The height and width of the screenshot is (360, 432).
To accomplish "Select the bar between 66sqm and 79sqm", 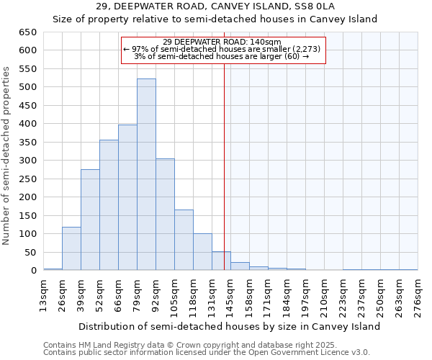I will tap(127, 197).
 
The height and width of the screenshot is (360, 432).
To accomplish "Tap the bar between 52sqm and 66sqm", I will tap(109, 205).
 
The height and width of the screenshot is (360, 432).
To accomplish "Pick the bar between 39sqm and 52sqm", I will tap(90, 220).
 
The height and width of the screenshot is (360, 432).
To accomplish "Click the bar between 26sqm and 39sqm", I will tap(71, 248).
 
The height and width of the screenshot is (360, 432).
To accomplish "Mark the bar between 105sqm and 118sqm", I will tap(184, 240).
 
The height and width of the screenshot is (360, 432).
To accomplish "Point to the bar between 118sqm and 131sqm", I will tap(202, 252).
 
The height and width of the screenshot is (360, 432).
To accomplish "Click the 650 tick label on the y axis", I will tap(27, 32).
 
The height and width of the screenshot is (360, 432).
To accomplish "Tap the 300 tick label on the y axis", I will tap(27, 161).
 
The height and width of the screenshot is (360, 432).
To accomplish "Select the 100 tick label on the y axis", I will tap(27, 234).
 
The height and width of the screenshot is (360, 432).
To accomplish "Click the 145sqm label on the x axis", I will tap(230, 295).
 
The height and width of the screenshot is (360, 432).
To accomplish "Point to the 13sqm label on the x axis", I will tap(43, 295).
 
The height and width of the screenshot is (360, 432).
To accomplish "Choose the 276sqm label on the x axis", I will tap(418, 295).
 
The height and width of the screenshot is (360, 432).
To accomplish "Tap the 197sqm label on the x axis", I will tap(305, 295).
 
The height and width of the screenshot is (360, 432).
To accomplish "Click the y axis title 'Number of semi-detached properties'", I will tap(7, 156).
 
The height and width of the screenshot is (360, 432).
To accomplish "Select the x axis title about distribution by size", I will tap(229, 326).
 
